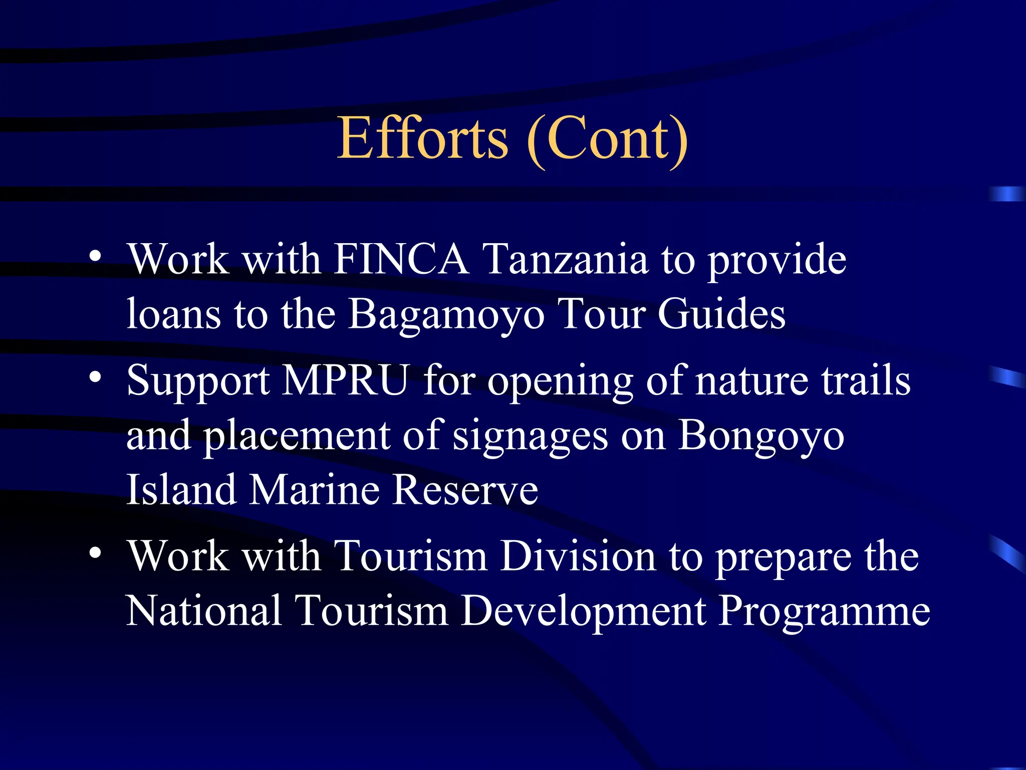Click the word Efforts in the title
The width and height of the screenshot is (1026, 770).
click(422, 138)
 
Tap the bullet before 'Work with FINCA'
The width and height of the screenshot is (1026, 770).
click(95, 256)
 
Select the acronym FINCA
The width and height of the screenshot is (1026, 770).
click(401, 259)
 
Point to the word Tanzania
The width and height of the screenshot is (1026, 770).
click(566, 259)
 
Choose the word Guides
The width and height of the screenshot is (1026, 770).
click(721, 314)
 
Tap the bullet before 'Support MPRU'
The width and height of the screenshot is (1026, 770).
click(95, 377)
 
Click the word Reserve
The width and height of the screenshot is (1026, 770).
click(465, 490)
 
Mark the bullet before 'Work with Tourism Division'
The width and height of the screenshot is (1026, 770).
click(95, 553)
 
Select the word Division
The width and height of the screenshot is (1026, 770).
click(578, 556)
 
